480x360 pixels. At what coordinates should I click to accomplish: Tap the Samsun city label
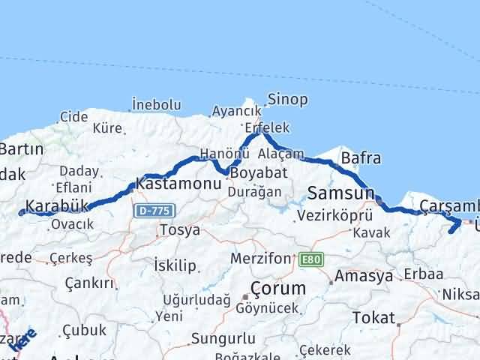pyautogui.click(x=340, y=193)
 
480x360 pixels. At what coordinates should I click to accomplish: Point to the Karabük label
pyautogui.click(x=57, y=205)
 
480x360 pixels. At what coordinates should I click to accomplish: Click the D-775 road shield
pyautogui.click(x=151, y=211)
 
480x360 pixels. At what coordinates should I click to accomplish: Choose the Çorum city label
pyautogui.click(x=277, y=289)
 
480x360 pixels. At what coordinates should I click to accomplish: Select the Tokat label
pyautogui.click(x=373, y=316)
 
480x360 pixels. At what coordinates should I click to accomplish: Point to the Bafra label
pyautogui.click(x=361, y=158)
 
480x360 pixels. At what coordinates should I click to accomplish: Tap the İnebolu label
pyautogui.click(x=156, y=104)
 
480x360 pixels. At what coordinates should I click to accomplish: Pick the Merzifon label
pyautogui.click(x=259, y=258)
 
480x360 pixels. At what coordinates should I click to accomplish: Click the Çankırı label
pyautogui.click(x=90, y=283)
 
